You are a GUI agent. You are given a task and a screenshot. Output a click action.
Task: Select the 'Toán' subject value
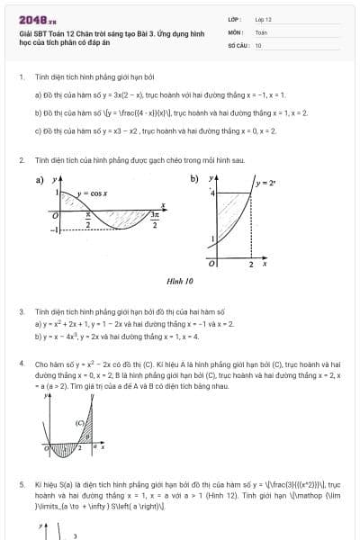point(261,31)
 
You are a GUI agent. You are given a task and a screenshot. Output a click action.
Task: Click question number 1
point(21,77)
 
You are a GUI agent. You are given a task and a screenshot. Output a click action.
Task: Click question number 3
point(21,311)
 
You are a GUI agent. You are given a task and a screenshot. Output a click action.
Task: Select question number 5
point(21,483)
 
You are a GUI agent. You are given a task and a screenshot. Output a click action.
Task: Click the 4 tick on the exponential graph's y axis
point(212,193)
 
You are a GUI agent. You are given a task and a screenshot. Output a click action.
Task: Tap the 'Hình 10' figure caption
point(180,280)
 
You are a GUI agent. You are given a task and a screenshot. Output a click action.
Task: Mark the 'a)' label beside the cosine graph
point(40,179)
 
